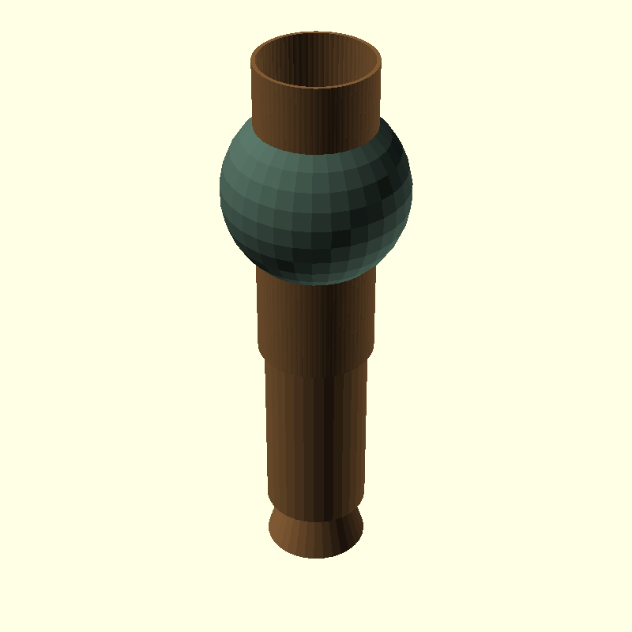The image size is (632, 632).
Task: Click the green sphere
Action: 316,205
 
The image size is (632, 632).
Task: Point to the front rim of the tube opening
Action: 316,88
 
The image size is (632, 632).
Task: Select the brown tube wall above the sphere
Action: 316,118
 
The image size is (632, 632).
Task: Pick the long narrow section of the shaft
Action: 316,434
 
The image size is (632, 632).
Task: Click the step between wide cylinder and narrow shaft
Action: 316,371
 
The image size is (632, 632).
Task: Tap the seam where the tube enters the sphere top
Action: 316,154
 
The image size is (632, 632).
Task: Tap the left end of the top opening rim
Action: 252,60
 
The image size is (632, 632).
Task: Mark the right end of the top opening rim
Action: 381,60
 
